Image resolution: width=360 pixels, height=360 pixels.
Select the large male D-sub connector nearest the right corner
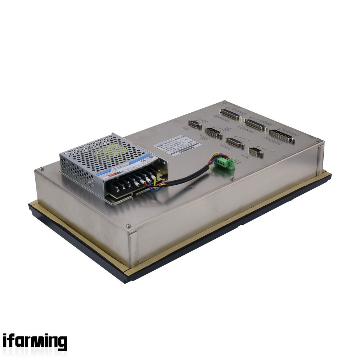point(282,136)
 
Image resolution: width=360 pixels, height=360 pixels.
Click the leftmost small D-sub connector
point(195,124)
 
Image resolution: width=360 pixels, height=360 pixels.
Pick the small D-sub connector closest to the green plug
point(256,152)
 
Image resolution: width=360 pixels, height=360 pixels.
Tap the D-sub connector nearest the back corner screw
point(230,114)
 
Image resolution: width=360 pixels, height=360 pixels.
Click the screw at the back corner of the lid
point(224,102)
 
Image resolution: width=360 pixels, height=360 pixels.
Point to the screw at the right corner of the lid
point(318,140)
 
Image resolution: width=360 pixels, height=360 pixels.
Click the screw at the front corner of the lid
point(129,226)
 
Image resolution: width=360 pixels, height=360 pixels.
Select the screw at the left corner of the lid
point(42,168)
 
